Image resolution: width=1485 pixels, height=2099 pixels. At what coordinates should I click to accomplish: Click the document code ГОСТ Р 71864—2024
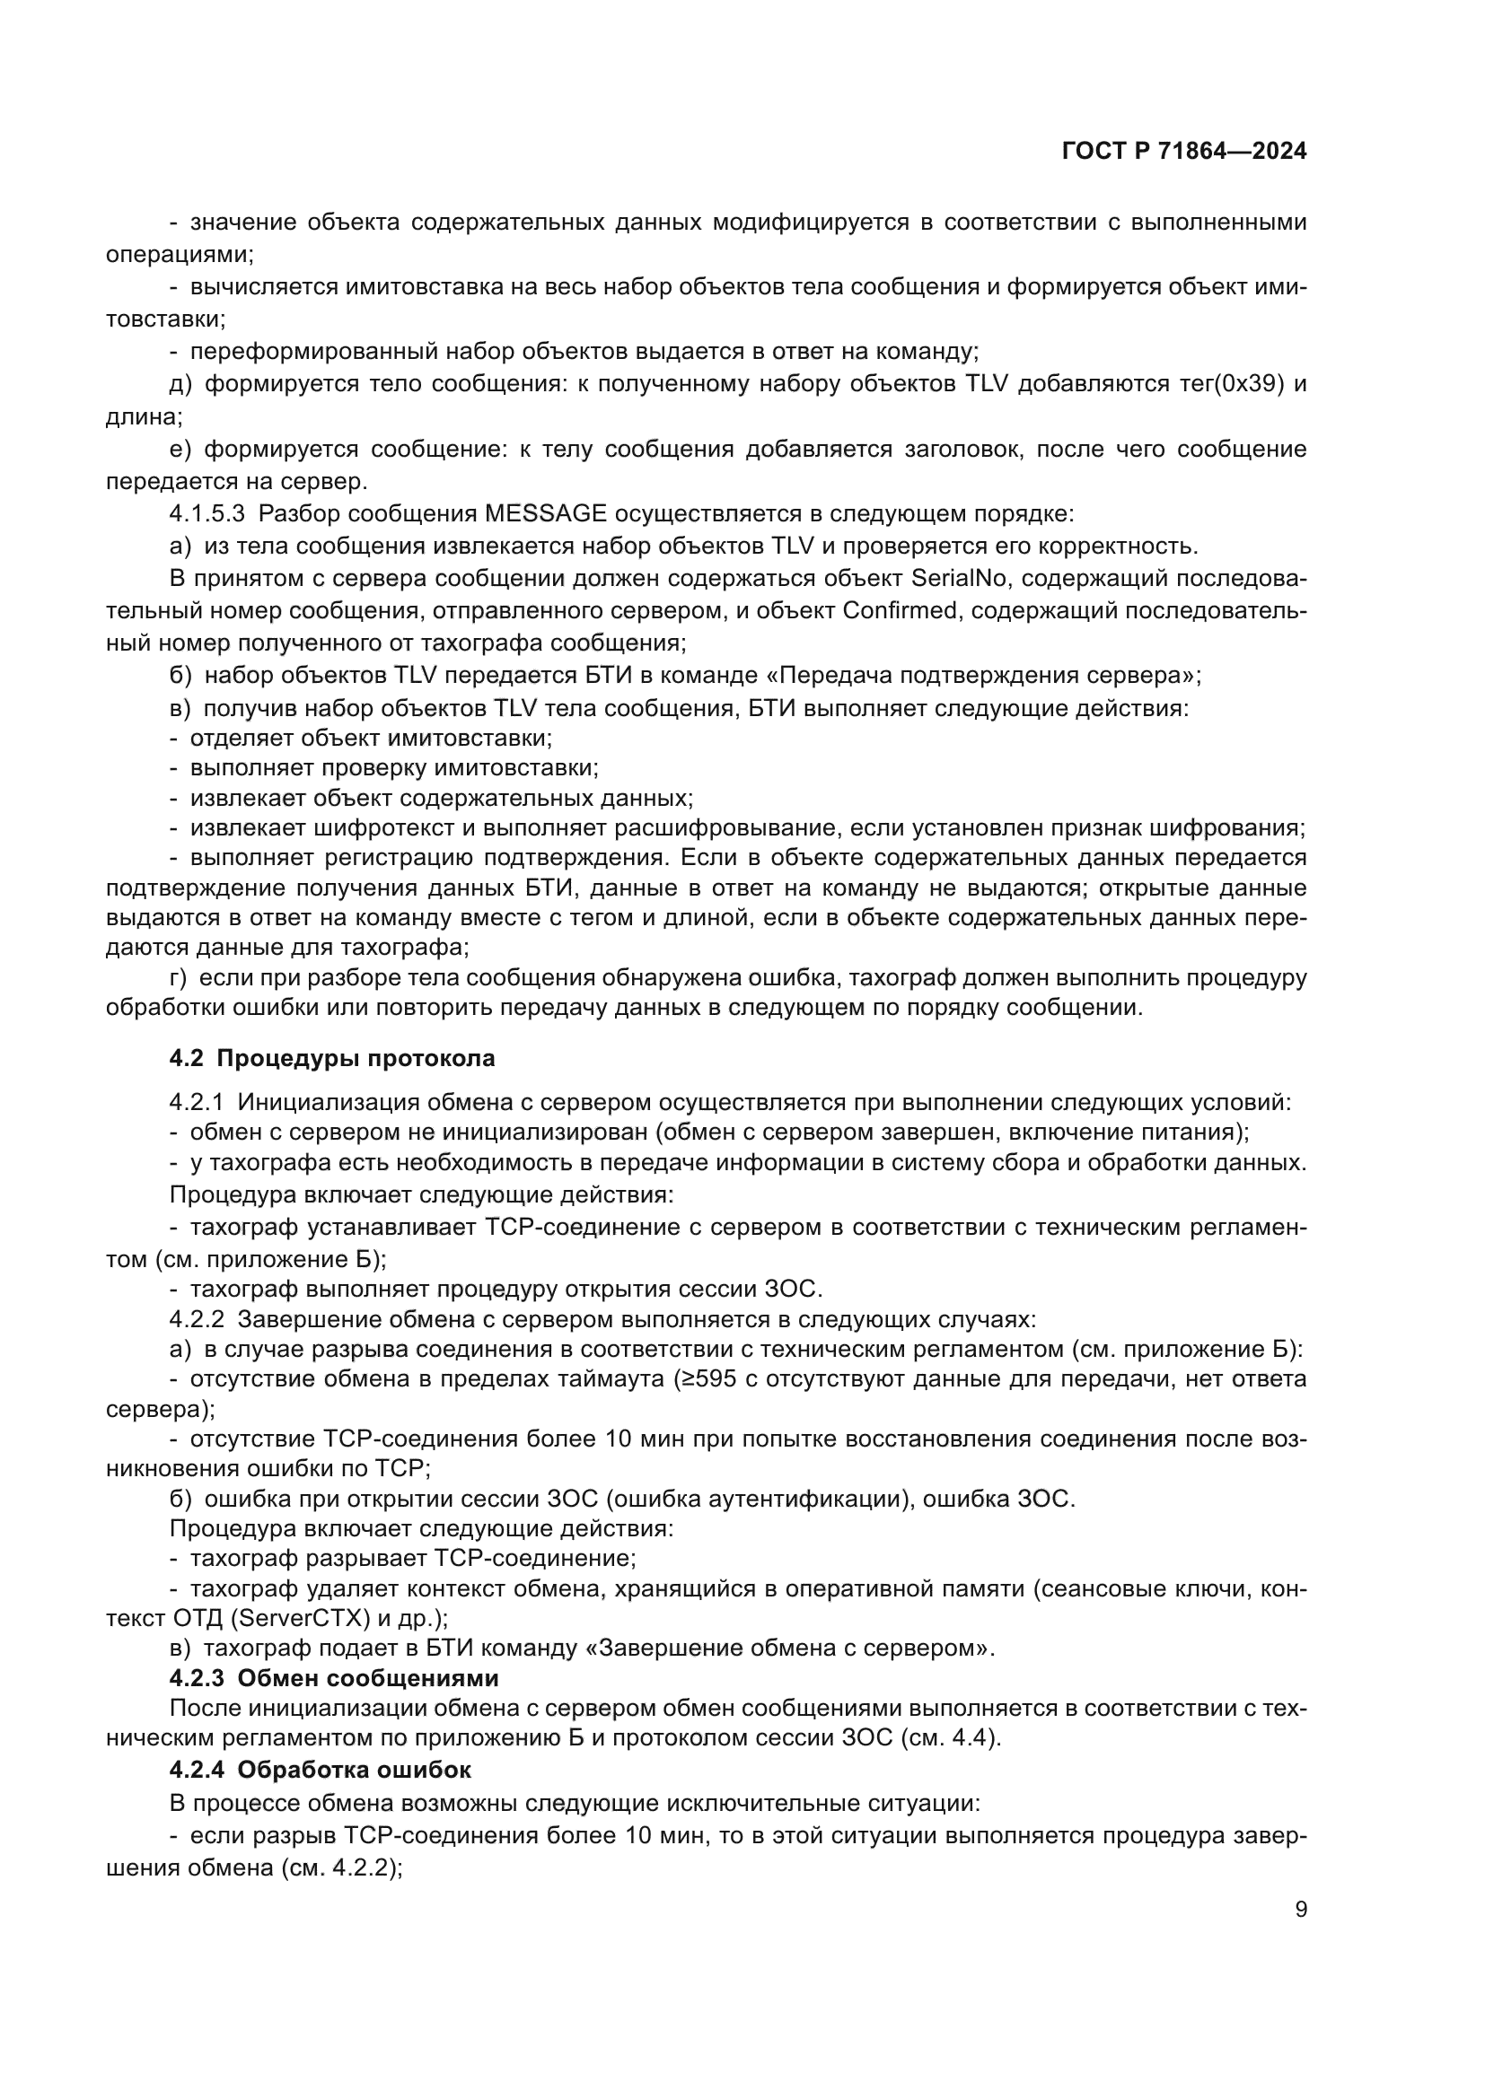tap(1184, 152)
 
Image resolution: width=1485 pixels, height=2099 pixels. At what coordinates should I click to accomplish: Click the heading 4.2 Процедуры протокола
tap(332, 1059)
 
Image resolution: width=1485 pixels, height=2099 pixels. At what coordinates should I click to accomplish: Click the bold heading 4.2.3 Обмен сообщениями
tap(334, 1678)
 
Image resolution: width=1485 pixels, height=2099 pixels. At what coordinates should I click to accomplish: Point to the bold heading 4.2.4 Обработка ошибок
tap(320, 1770)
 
